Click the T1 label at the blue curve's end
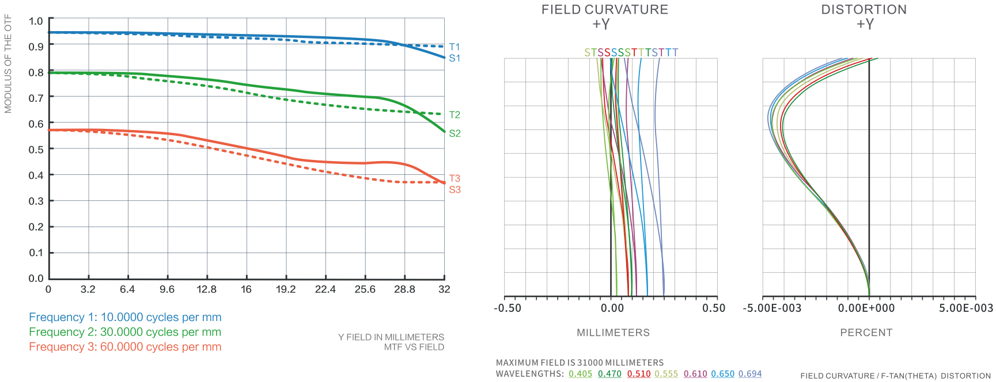(x=455, y=47)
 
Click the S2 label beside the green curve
(x=455, y=133)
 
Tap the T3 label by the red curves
(x=455, y=178)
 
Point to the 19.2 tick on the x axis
(x=286, y=289)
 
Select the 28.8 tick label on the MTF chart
(x=404, y=289)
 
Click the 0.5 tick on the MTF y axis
(x=36, y=150)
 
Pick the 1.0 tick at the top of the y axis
(x=36, y=21)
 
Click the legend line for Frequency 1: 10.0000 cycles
(x=125, y=317)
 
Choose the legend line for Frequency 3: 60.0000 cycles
(x=125, y=347)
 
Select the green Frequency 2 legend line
(x=125, y=332)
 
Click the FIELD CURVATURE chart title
(x=604, y=10)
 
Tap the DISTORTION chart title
(x=864, y=10)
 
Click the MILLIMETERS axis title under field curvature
(x=613, y=333)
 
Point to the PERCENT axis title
(x=866, y=333)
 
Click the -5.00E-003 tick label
(x=772, y=308)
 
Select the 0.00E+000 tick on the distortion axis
(x=866, y=308)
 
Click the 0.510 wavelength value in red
(x=639, y=374)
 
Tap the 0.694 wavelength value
(x=750, y=374)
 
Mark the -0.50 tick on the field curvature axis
(x=508, y=308)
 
